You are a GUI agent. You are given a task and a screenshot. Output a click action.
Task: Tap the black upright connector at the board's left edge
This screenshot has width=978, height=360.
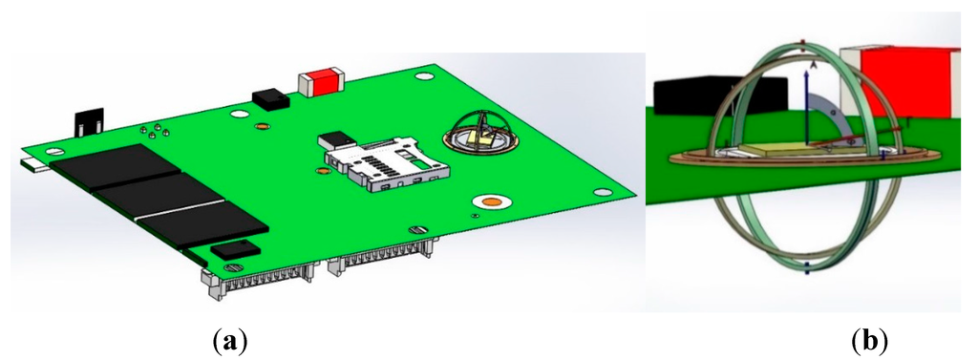[89, 122]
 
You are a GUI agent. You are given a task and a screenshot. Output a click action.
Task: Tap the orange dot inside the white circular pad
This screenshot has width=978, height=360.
[493, 202]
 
